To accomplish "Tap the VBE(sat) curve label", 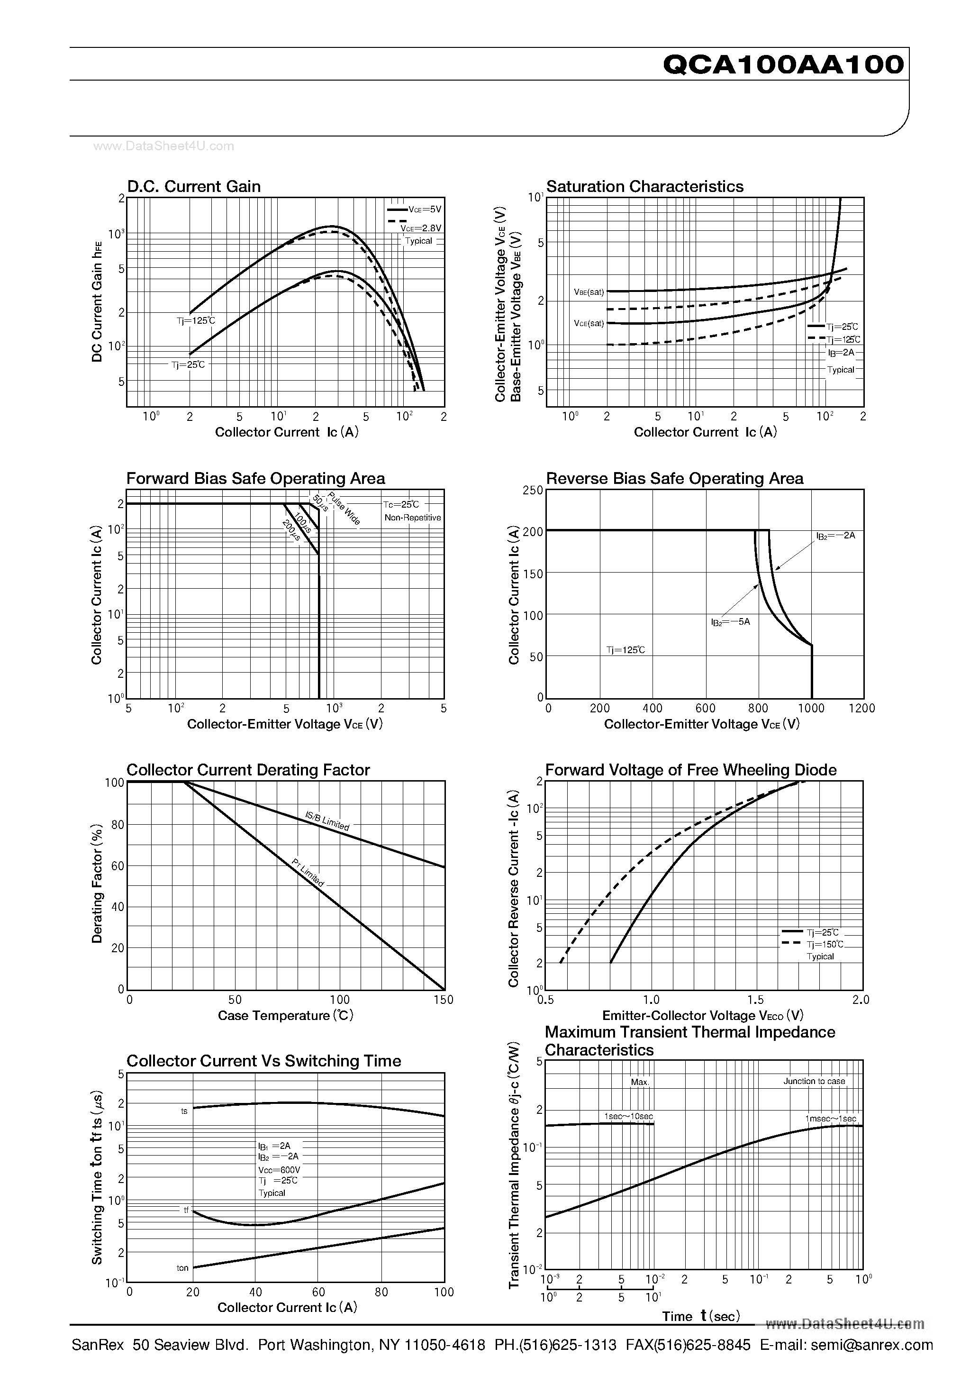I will pyautogui.click(x=589, y=292).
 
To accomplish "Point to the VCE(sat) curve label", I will pyautogui.click(x=589, y=323).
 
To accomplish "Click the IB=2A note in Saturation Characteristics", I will pyautogui.click(x=841, y=353).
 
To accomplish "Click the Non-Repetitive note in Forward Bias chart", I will pyautogui.click(x=412, y=517).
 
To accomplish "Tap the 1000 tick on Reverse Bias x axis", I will pyautogui.click(x=811, y=708).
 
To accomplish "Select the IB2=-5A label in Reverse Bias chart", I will pyautogui.click(x=730, y=621).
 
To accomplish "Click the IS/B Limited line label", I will pyautogui.click(x=327, y=820).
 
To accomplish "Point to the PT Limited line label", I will pyautogui.click(x=308, y=873).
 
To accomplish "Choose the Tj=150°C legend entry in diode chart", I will pyautogui.click(x=825, y=945).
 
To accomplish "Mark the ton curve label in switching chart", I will pyautogui.click(x=182, y=1268).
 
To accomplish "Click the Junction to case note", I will pyautogui.click(x=814, y=1082).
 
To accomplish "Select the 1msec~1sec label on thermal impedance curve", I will pyautogui.click(x=830, y=1118).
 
